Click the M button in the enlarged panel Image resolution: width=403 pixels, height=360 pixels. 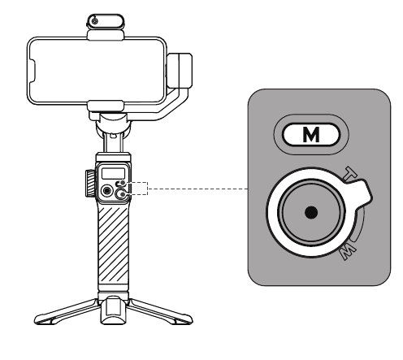tap(311, 135)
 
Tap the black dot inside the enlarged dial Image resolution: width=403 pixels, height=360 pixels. tap(311, 212)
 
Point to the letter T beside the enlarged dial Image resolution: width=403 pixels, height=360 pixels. tap(351, 173)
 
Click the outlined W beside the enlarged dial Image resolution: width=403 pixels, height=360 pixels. tap(349, 252)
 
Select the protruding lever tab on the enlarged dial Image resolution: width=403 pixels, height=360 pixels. tap(360, 193)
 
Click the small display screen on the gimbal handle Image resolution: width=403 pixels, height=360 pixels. tap(113, 173)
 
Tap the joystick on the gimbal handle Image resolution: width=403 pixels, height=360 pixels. tap(106, 191)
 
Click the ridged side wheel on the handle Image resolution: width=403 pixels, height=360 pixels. tap(90, 183)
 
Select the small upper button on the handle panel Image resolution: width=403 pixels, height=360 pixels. tap(121, 184)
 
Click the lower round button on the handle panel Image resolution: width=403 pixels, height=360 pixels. tap(121, 194)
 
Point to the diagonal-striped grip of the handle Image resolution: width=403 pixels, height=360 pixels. tap(113, 248)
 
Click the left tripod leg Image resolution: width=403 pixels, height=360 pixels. tap(66, 312)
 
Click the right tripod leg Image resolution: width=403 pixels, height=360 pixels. tap(160, 312)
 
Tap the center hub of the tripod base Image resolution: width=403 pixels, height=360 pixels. tap(113, 310)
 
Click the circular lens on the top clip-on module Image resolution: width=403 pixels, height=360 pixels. tap(94, 21)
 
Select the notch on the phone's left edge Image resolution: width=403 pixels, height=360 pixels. tap(32, 71)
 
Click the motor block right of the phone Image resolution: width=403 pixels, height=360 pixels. tap(180, 71)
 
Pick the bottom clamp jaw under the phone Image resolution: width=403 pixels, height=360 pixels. tap(106, 106)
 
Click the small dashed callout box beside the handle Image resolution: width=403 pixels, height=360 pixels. tap(137, 189)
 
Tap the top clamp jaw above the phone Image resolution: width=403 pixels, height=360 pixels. tap(106, 35)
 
